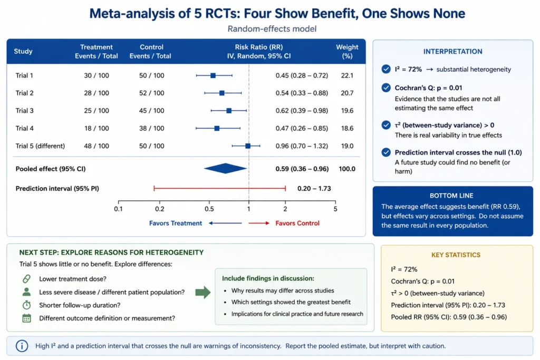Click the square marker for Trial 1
click(213, 75)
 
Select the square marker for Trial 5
click(248, 146)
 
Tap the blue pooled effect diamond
click(225, 168)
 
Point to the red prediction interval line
click(220, 188)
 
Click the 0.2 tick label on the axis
click(159, 209)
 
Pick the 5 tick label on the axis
click(335, 209)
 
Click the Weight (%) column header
click(347, 51)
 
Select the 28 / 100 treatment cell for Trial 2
click(97, 93)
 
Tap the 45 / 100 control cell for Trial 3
click(151, 111)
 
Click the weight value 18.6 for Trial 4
click(347, 128)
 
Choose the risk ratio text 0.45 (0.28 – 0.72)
click(302, 75)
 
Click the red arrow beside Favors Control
click(259, 223)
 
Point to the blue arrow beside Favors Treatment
click(225, 223)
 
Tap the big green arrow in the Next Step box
click(203, 292)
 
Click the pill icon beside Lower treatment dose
click(26, 279)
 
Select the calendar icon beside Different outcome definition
click(26, 318)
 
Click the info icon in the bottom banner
click(22, 346)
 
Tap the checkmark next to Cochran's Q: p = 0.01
click(386, 88)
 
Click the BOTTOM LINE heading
click(451, 196)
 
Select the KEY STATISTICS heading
click(456, 255)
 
